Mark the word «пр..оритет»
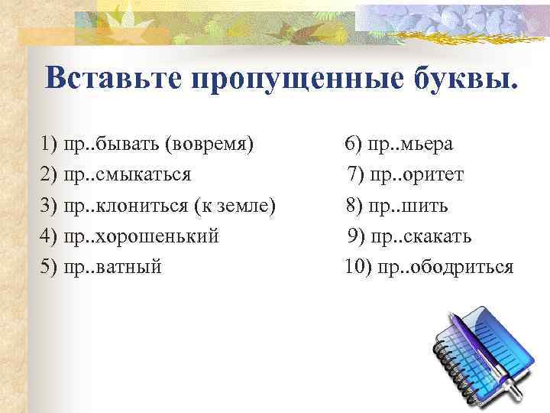pyautogui.click(x=417, y=175)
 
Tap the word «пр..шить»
pyautogui.click(x=409, y=206)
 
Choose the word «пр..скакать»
pyautogui.click(x=421, y=236)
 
